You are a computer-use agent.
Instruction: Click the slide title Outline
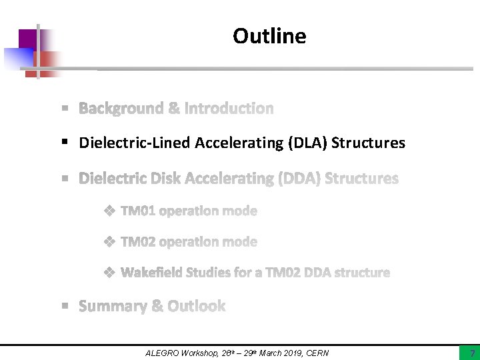pos(269,36)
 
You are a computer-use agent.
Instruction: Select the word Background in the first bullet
pos(121,108)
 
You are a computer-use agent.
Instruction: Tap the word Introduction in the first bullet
pos(229,108)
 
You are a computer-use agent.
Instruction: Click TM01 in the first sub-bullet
pos(138,211)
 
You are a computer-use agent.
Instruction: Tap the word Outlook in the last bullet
pos(197,306)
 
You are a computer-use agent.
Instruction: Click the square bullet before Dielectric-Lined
pos(65,143)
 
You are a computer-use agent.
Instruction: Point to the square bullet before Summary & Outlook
pos(65,306)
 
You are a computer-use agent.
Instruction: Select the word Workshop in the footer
pos(203,353)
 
